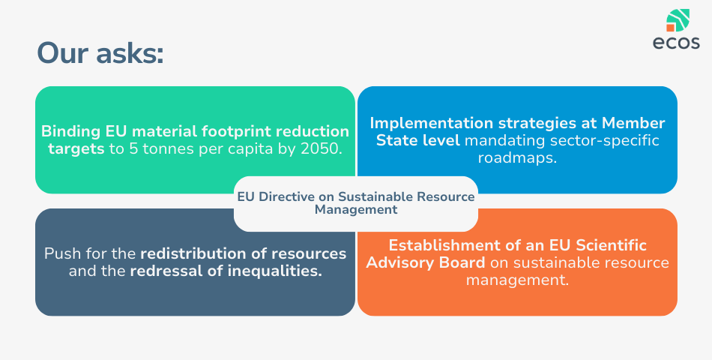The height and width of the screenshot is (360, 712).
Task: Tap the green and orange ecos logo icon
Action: (678, 20)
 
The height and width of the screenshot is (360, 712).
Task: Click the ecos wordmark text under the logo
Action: (676, 43)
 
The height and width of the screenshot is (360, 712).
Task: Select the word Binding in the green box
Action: (71, 132)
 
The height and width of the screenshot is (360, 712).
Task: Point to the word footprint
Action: (236, 132)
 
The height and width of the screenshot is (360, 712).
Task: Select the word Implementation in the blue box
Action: (432, 124)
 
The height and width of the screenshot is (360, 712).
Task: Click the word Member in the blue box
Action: (633, 123)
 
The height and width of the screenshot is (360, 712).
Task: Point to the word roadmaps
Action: (517, 157)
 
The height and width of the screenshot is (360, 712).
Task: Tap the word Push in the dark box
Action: (59, 253)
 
